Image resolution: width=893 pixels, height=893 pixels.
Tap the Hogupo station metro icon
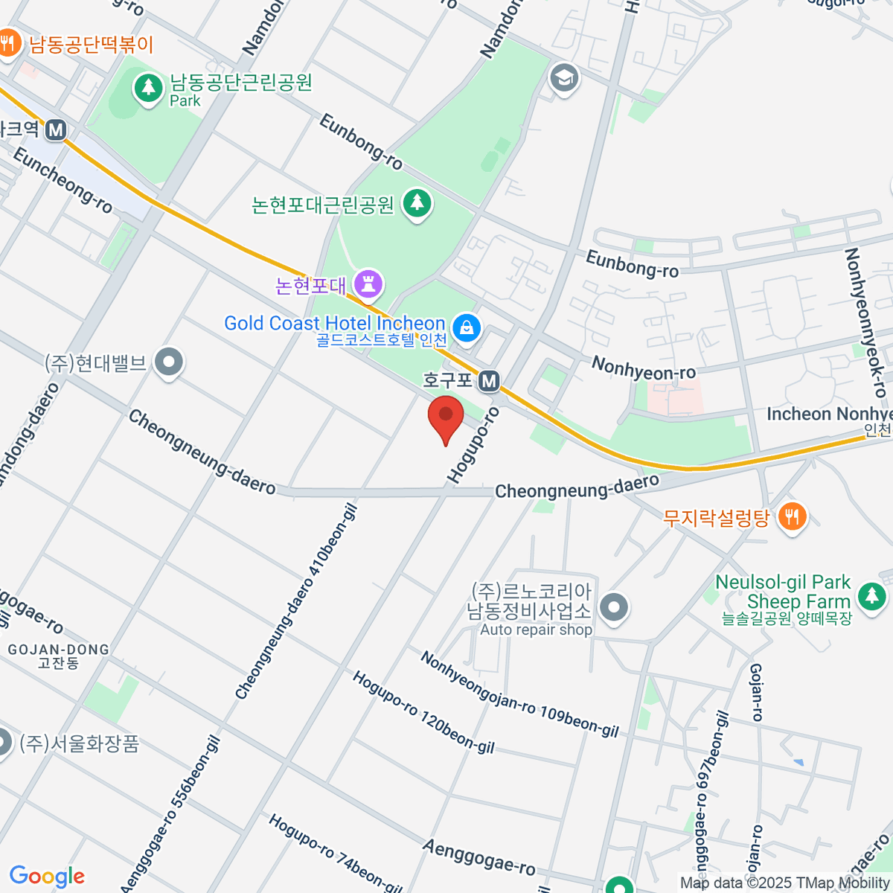tap(488, 382)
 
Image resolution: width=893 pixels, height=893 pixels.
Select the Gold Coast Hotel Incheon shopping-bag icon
tap(467, 327)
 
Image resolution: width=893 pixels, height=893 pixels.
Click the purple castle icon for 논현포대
tap(368, 284)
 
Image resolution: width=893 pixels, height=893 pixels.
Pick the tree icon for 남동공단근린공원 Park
tap(149, 89)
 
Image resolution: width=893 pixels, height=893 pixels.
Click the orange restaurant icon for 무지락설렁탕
tap(792, 516)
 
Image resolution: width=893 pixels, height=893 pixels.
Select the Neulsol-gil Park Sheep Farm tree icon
tap(871, 595)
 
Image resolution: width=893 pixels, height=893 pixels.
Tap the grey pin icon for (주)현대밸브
tap(169, 363)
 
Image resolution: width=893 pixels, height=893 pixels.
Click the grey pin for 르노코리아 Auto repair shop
tap(614, 607)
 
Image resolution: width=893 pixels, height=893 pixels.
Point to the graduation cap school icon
tap(564, 77)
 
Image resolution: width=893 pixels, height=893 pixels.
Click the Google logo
tap(47, 877)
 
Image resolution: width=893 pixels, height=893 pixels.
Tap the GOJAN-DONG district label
tap(58, 650)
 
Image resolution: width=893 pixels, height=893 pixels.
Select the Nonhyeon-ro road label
tap(644, 368)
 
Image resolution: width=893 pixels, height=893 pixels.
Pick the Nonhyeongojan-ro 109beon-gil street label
tap(519, 694)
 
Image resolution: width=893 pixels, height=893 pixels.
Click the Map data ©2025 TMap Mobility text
tap(785, 883)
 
